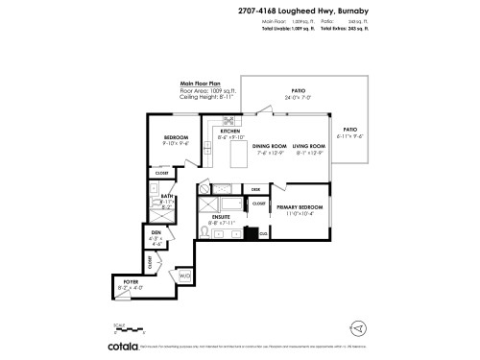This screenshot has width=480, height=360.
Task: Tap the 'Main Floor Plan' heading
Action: click(x=201, y=84)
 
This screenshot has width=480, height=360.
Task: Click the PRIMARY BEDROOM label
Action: click(x=300, y=207)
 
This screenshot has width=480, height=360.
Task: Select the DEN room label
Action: click(x=156, y=232)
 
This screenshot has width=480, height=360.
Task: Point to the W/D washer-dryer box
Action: click(x=185, y=276)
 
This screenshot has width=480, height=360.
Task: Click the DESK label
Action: click(x=256, y=190)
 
